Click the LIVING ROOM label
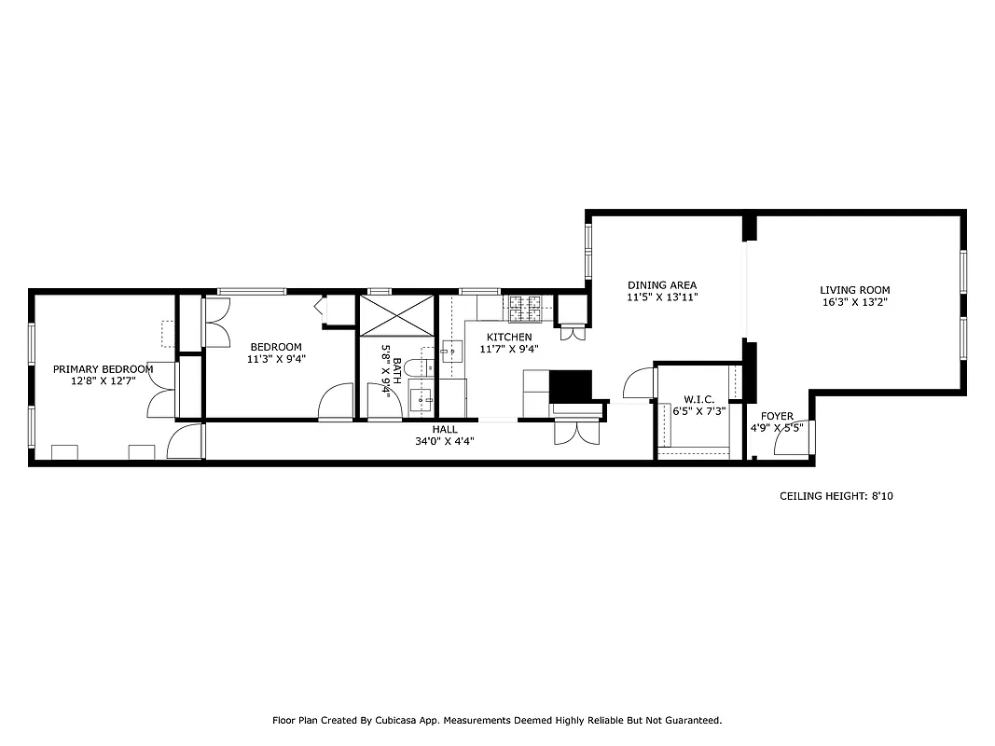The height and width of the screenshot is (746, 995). pyautogui.click(x=854, y=290)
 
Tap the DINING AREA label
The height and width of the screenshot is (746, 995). pyautogui.click(x=661, y=285)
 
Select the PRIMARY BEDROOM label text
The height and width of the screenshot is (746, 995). pyautogui.click(x=103, y=369)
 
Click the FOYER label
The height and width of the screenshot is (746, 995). pyautogui.click(x=777, y=417)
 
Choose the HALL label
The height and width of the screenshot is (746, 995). pyautogui.click(x=445, y=430)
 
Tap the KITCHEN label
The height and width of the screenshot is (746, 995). pyautogui.click(x=509, y=338)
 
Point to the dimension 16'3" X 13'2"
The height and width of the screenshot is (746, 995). pyautogui.click(x=854, y=302)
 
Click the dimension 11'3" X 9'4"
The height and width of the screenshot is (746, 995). pyautogui.click(x=275, y=359)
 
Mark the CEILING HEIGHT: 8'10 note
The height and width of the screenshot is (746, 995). pyautogui.click(x=836, y=497)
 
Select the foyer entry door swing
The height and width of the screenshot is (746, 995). pyautogui.click(x=795, y=441)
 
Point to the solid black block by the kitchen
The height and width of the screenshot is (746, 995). pyautogui.click(x=571, y=385)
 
